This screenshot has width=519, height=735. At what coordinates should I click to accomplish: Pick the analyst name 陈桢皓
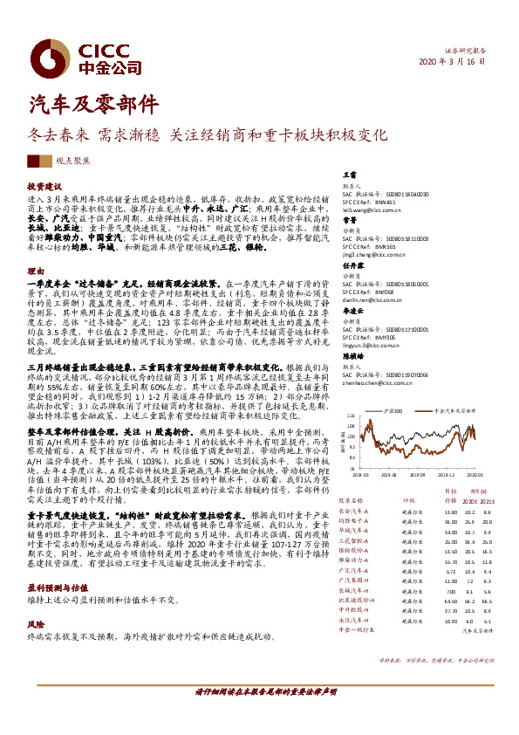(352, 356)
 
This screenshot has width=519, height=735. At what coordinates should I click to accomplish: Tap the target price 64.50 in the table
(427, 600)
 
